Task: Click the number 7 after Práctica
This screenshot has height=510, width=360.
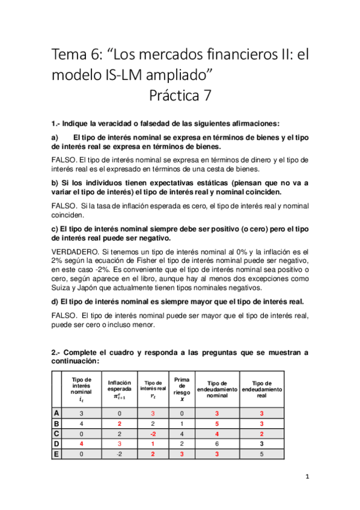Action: [206, 95]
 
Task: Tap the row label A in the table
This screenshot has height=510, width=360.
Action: [56, 414]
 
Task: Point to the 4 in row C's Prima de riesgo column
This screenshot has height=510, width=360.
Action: [182, 434]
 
